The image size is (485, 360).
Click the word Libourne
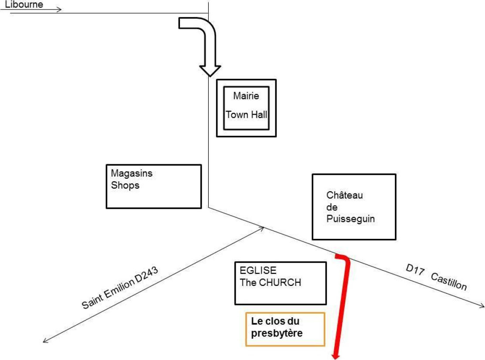(24, 4)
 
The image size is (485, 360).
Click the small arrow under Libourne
(31, 9)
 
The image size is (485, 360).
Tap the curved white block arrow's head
(210, 71)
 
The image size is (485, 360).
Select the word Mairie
(246, 95)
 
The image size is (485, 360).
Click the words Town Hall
(246, 115)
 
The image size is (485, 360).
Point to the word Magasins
(132, 173)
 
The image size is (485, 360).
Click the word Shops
(125, 185)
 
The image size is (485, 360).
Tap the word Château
(345, 195)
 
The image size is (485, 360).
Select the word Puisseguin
(350, 219)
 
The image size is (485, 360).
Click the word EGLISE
(258, 270)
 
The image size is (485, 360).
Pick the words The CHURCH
(270, 282)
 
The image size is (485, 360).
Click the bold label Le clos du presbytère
(277, 327)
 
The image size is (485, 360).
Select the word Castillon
(449, 282)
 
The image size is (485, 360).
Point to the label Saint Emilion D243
(120, 288)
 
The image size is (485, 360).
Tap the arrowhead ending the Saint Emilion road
(45, 340)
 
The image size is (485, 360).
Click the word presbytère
(277, 333)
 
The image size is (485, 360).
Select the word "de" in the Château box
(332, 207)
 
